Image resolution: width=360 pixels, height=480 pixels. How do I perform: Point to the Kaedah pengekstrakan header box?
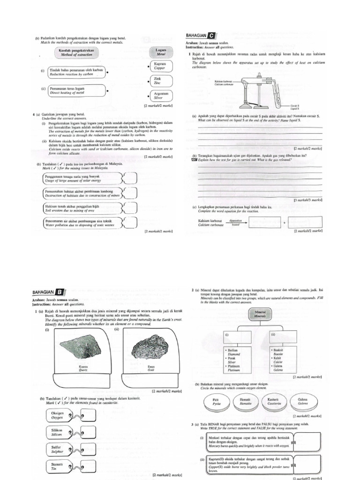tap(77, 52)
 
